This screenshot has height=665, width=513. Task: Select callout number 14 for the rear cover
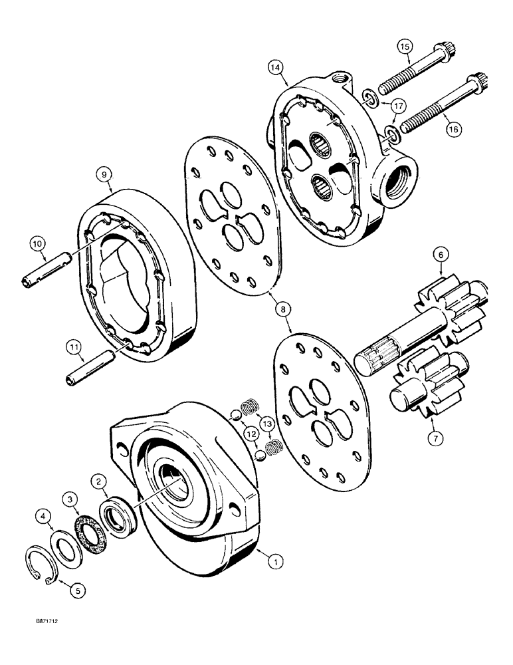coord(276,66)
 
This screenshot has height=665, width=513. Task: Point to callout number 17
coord(397,106)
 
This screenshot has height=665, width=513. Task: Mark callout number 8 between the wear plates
coord(284,309)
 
